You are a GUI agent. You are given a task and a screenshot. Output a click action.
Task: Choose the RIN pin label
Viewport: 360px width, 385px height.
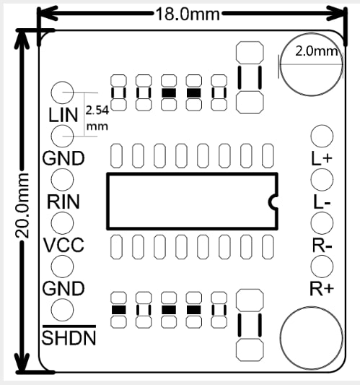tap(63, 202)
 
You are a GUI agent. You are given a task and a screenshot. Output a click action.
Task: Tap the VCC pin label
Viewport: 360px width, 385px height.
tap(63, 245)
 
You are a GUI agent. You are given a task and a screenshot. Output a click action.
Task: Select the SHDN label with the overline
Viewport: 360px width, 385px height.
tap(69, 337)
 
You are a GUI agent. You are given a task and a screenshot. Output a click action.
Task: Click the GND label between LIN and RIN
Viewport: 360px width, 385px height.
tap(63, 157)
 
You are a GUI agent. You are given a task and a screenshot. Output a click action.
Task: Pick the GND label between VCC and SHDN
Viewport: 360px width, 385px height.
tap(63, 288)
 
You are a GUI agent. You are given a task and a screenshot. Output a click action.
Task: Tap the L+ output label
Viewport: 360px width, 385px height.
tap(322, 157)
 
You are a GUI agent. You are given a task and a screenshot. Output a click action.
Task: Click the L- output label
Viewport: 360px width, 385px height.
tap(322, 202)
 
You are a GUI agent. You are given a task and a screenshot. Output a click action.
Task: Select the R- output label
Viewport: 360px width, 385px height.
tap(322, 245)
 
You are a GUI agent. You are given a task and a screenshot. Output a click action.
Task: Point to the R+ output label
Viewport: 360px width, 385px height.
tap(322, 289)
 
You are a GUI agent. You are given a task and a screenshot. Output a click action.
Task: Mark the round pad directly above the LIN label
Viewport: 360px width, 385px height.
tap(63, 92)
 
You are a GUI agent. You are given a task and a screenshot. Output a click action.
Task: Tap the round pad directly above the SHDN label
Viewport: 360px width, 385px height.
tap(63, 310)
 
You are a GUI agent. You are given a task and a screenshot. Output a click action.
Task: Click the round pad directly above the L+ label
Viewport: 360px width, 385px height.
tap(322, 136)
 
